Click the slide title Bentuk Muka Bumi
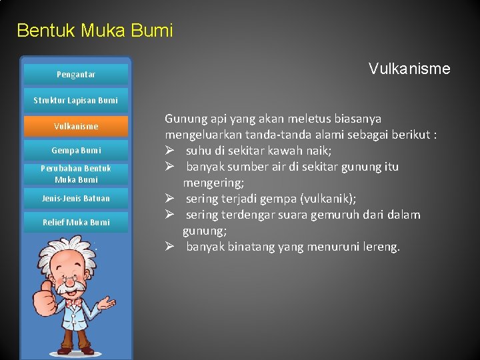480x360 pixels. [94, 31]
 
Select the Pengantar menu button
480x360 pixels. [75, 75]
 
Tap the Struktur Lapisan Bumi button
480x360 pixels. [75, 101]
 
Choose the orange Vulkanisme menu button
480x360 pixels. [75, 126]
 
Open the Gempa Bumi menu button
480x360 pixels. [75, 151]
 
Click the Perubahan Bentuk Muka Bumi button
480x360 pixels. [75, 174]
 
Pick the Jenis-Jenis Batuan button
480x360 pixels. [75, 199]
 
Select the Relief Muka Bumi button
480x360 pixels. [75, 223]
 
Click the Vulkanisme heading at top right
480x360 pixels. [409, 69]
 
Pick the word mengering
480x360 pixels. [213, 183]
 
